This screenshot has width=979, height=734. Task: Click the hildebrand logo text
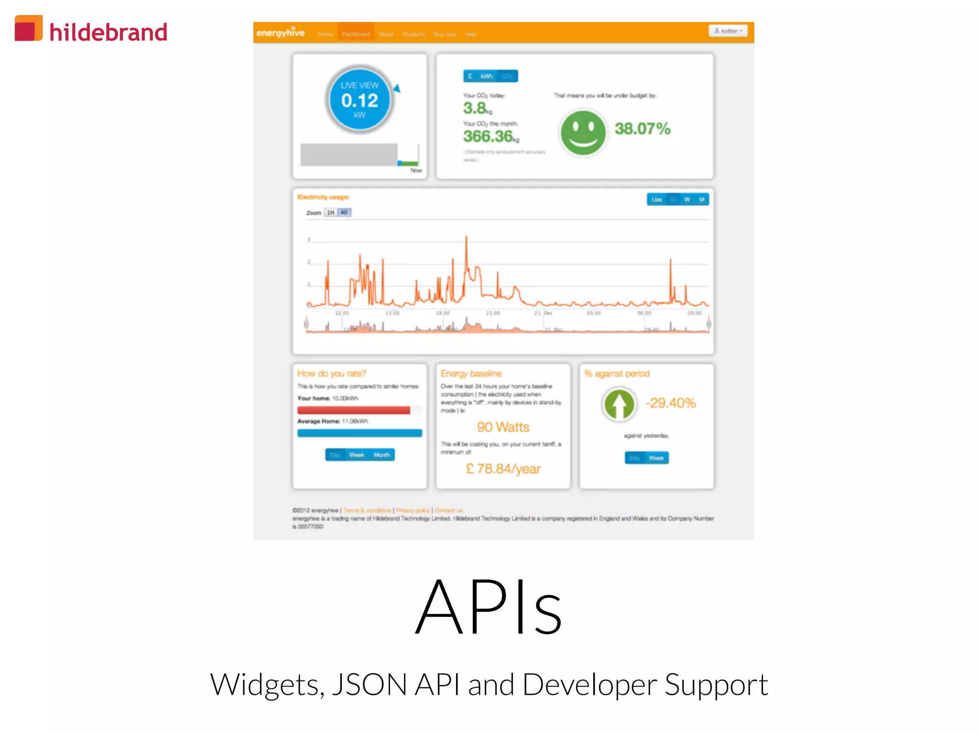tap(109, 32)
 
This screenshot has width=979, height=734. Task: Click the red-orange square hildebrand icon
tap(28, 28)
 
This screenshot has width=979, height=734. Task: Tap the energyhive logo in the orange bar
tap(280, 32)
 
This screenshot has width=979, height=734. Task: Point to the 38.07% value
tap(642, 129)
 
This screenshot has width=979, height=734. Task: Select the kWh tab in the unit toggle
tap(486, 76)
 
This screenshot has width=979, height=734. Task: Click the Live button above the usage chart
tap(656, 199)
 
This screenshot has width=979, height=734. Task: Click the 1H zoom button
tap(330, 213)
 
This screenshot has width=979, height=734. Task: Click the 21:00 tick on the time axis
tap(492, 313)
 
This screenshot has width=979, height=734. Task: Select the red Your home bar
tap(353, 410)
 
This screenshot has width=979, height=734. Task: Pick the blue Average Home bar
tap(359, 433)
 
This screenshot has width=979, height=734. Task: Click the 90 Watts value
tap(503, 427)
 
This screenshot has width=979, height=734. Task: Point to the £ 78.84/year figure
tap(503, 469)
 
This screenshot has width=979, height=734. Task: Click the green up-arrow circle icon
tap(619, 404)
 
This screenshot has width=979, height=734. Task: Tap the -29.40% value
tap(670, 403)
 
